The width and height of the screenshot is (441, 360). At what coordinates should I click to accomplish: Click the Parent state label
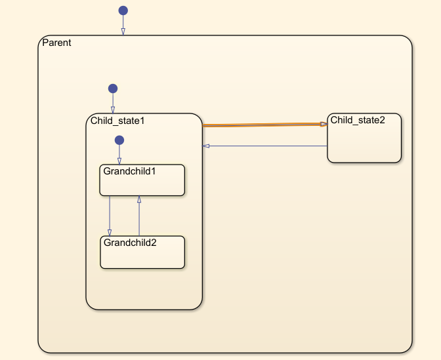[56, 43]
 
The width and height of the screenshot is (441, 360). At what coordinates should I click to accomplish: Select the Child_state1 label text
[117, 121]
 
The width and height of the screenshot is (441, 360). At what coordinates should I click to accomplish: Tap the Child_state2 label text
[357, 120]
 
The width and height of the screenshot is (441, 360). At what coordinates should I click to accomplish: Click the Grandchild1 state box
[142, 184]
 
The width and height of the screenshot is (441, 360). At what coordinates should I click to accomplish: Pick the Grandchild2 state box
[142, 256]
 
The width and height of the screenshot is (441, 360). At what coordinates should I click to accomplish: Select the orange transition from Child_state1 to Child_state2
[262, 125]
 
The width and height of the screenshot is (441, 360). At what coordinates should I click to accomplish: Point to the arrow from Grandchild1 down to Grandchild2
[110, 213]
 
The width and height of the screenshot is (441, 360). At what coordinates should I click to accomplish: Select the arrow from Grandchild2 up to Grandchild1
[139, 216]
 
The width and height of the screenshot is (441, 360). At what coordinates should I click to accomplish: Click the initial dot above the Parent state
[123, 10]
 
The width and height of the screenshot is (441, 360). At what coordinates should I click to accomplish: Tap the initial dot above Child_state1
[113, 89]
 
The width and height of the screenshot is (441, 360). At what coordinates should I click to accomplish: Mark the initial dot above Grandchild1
[119, 140]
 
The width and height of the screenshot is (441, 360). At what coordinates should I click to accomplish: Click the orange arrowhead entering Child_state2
[324, 124]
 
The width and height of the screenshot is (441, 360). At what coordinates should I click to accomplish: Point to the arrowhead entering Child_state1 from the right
[206, 146]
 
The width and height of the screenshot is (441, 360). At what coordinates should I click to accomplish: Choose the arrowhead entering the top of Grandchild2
[110, 233]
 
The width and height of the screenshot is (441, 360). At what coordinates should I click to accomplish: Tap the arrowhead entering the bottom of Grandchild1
[139, 199]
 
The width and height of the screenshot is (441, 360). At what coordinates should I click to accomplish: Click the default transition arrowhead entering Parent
[123, 31]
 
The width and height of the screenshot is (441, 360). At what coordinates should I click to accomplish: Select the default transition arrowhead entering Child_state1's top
[113, 110]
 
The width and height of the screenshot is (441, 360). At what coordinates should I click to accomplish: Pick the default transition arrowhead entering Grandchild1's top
[119, 161]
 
